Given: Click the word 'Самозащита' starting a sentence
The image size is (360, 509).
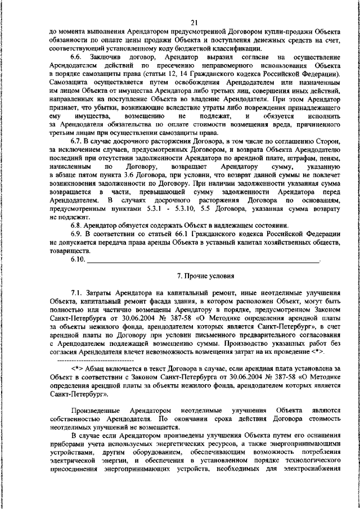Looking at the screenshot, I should [69, 82].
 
